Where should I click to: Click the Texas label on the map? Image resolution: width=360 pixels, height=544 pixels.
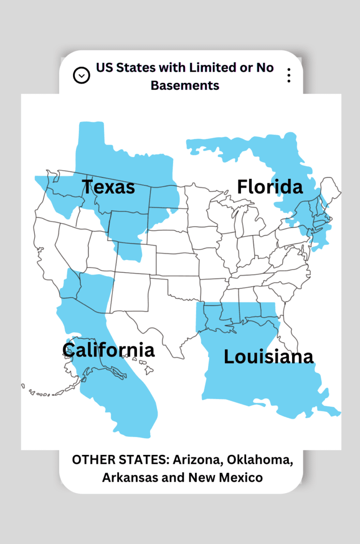[109, 187]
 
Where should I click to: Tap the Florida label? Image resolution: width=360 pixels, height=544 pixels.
[270, 187]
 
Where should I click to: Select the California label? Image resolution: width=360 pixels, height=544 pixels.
[108, 350]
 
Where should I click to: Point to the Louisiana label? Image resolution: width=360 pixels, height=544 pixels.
[268, 357]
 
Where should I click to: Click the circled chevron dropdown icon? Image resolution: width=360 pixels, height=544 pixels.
[82, 75]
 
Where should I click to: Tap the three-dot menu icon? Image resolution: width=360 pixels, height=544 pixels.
[289, 75]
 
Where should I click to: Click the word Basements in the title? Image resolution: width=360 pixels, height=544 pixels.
[185, 85]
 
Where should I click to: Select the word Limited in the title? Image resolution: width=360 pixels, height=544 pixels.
[212, 67]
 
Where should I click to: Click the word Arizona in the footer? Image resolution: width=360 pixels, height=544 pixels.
[197, 460]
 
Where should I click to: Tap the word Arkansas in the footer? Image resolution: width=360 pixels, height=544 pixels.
[127, 477]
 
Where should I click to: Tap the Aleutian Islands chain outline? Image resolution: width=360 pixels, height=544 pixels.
[42, 393]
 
